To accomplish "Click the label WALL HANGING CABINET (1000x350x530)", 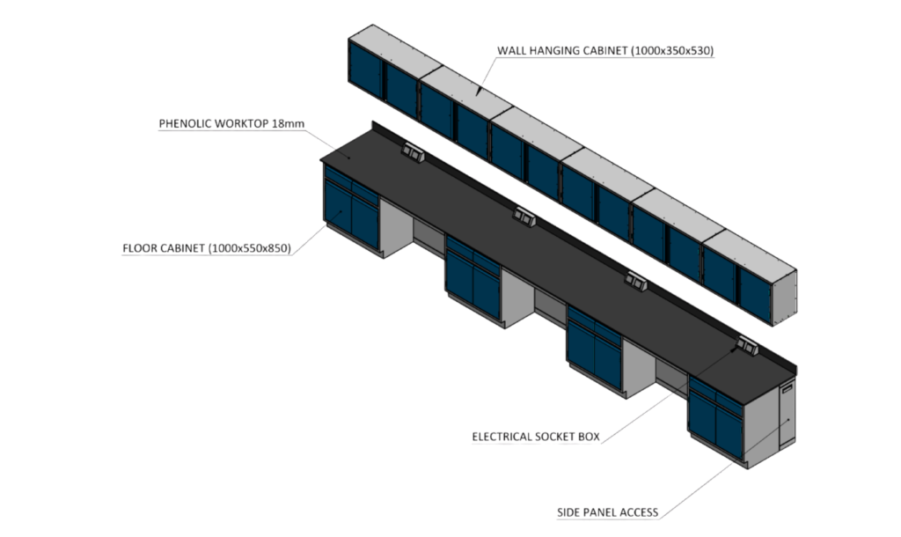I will coord(605,51).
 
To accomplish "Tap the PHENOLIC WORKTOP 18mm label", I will coord(231,123).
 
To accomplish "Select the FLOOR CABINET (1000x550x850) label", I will coord(206,248).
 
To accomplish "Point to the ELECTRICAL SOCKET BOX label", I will coord(536,437).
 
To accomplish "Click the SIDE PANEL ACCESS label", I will coord(607,511).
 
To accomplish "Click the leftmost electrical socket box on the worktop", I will coord(412,154).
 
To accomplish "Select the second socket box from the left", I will coord(524,216).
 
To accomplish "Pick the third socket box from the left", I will coord(635,281).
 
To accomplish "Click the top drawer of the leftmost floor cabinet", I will coord(340,183).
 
